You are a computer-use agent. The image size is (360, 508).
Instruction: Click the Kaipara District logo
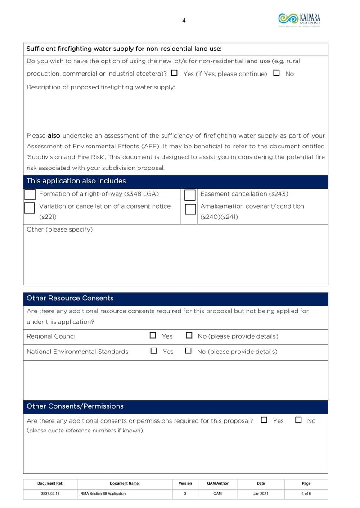(299, 20)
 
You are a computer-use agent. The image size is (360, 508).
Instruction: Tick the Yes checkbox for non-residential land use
(174, 73)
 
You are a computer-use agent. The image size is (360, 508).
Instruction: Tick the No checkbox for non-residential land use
(276, 73)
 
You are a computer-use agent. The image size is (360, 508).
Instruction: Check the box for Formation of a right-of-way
(30, 194)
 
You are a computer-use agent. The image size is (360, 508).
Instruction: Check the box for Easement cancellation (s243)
(190, 195)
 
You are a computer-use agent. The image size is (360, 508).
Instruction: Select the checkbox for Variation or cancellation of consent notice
(30, 208)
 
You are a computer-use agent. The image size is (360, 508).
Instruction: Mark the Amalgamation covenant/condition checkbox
(190, 209)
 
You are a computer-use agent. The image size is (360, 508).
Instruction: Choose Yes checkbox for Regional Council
(153, 335)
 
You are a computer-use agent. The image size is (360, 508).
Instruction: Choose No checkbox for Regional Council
(189, 335)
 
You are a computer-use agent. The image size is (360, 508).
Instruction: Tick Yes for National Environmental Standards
(153, 351)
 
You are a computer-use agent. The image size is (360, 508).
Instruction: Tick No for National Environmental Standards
(189, 351)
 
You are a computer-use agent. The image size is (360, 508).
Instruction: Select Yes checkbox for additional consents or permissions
(264, 420)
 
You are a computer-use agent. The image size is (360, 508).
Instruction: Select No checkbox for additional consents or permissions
(298, 420)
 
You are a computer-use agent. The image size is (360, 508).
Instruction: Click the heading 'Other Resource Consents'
(70, 298)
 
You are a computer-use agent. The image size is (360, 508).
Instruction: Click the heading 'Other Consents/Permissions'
(75, 406)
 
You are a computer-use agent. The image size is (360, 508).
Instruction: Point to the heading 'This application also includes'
(76, 181)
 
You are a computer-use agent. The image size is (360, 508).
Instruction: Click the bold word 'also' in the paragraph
(54, 135)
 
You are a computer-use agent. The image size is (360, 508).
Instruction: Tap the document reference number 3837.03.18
(50, 493)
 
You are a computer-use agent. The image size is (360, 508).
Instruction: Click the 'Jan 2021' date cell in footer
(261, 493)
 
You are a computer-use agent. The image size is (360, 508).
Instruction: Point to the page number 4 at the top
(184, 20)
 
